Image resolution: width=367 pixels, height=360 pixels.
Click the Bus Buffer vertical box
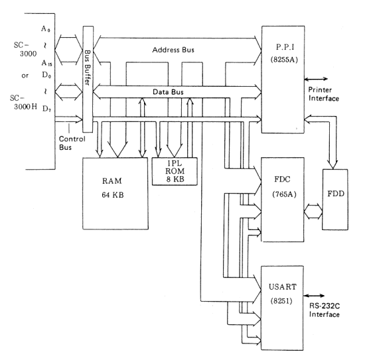click(x=88, y=79)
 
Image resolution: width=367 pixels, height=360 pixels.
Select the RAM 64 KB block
click(x=115, y=194)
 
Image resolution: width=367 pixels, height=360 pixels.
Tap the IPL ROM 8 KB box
click(x=175, y=171)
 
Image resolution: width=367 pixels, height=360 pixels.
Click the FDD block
click(x=335, y=200)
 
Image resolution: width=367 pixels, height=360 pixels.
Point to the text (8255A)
click(x=284, y=60)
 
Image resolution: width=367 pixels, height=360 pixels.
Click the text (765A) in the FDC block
click(x=284, y=194)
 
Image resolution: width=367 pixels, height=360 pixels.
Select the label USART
click(x=283, y=286)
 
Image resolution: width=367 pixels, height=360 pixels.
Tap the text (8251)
click(x=281, y=300)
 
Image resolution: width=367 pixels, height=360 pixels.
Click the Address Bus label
click(x=173, y=50)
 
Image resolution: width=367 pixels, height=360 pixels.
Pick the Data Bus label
click(x=168, y=91)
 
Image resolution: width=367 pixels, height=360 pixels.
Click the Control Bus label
click(x=72, y=143)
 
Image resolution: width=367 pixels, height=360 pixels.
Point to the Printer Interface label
click(x=323, y=94)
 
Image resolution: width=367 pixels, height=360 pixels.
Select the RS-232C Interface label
click(x=325, y=310)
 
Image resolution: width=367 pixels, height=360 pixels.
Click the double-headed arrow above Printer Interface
click(x=316, y=80)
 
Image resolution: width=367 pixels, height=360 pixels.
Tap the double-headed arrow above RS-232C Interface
click(x=314, y=296)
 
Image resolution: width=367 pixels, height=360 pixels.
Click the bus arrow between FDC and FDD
click(x=313, y=211)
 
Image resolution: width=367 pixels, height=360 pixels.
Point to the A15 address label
click(x=46, y=63)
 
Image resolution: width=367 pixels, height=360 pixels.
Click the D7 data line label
click(x=46, y=109)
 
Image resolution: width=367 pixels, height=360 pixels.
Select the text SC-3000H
click(x=23, y=102)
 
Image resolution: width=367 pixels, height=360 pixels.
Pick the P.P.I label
click(x=285, y=47)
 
